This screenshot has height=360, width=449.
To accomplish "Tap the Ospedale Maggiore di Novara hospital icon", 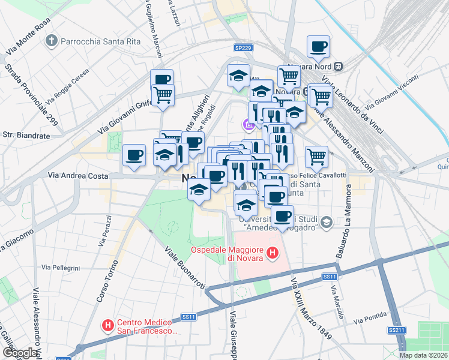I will tap(273, 254).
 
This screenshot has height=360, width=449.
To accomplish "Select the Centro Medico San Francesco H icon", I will tap(108, 326).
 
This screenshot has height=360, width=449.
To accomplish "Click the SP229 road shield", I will tap(243, 48).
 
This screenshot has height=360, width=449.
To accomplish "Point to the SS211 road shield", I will tap(395, 330).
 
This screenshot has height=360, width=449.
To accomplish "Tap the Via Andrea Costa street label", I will tap(79, 176).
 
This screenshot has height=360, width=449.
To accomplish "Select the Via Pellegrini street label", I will tap(61, 266).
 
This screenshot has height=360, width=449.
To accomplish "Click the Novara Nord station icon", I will tap(339, 65).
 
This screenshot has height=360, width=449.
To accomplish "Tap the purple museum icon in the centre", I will tap(247, 125).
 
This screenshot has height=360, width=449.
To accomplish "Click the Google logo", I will tap(20, 353).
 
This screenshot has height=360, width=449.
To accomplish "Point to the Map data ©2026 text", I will tap(423, 355).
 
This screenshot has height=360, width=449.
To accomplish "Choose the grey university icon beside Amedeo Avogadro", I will tap(326, 223).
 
